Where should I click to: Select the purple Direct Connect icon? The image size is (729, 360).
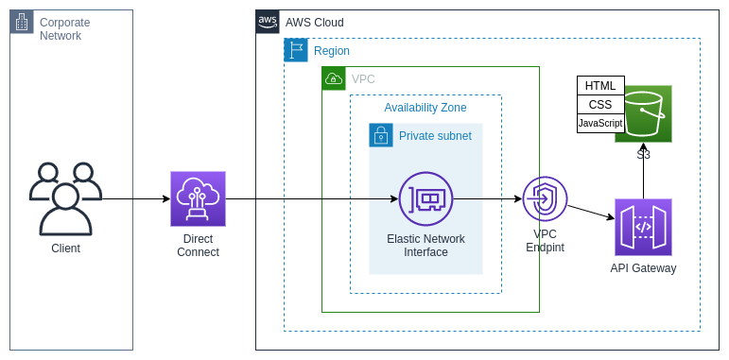(x=198, y=198)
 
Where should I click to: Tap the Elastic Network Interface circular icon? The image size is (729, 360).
(x=425, y=198)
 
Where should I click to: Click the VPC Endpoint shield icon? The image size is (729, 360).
(x=545, y=198)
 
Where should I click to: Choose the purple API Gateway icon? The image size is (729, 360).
(x=643, y=227)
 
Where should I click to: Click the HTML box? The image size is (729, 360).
(x=600, y=86)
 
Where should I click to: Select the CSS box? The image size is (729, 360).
(x=600, y=105)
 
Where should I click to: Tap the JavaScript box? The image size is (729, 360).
(x=600, y=124)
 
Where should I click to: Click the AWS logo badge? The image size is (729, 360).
(x=268, y=22)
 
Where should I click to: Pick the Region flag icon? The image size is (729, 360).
(x=296, y=50)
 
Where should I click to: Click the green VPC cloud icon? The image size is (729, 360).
(x=334, y=78)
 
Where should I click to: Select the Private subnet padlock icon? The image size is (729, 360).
(x=381, y=135)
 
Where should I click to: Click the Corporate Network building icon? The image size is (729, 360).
(x=22, y=22)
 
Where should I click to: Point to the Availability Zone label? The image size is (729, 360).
(x=425, y=108)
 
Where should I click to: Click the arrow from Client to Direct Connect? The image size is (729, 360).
(x=136, y=199)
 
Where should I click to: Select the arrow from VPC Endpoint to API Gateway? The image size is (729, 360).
(x=590, y=213)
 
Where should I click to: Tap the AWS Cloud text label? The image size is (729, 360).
(x=315, y=23)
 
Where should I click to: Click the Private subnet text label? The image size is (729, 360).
(x=435, y=136)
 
